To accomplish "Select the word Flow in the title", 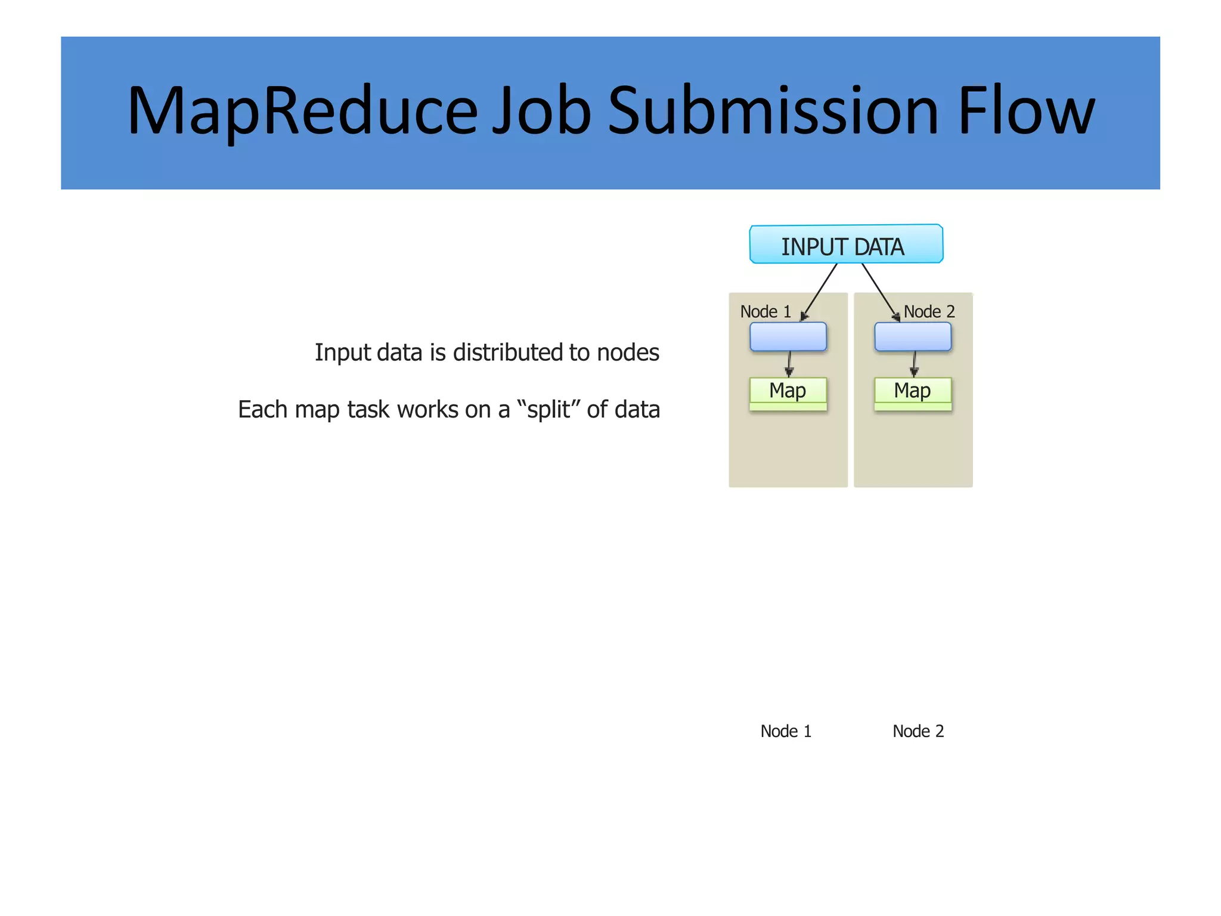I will tap(1026, 112).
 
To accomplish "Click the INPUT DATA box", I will tap(846, 245).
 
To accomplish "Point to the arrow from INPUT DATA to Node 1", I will tap(820, 290).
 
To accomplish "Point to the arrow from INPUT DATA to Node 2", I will tap(879, 290).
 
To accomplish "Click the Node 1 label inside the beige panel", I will tap(765, 312).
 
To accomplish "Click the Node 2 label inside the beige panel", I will tap(929, 312).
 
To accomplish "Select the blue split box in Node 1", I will tap(788, 337).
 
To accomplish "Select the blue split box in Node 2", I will tap(912, 337).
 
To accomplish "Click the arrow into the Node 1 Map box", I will tap(789, 364).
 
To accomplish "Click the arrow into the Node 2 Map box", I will tap(914, 364).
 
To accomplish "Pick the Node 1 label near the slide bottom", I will tap(786, 731).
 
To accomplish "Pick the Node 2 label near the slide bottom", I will tap(918, 731).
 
